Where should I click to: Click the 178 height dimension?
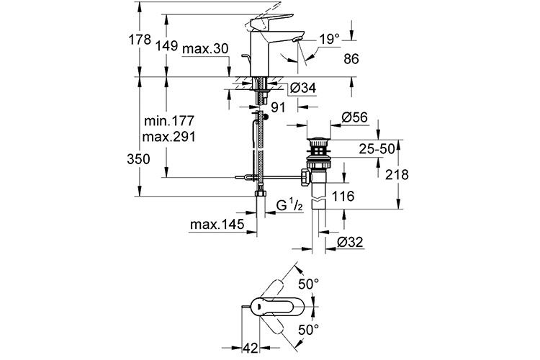pyautogui.click(x=140, y=40)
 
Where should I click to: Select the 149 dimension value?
pyautogui.click(x=166, y=45)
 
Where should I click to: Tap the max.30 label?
pyautogui.click(x=205, y=49)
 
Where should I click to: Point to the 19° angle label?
pyautogui.click(x=329, y=39)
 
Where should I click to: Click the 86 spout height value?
pyautogui.click(x=351, y=58)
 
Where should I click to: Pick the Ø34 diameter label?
pyautogui.click(x=303, y=88)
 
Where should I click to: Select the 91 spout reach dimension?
pyautogui.click(x=278, y=107)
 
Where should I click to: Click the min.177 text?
pyautogui.click(x=169, y=121)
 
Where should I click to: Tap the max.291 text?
pyautogui.click(x=169, y=137)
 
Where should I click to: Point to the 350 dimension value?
pyautogui.click(x=138, y=159)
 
